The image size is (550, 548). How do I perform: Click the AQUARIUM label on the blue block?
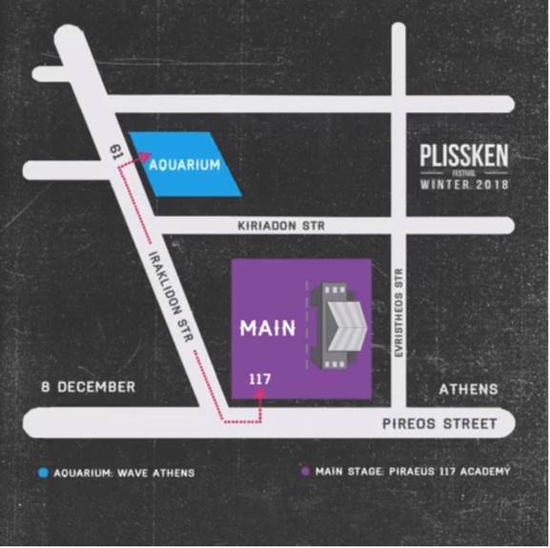[185, 165]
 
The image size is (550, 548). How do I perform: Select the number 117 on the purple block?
[260, 379]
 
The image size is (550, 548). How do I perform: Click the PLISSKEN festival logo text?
[464, 155]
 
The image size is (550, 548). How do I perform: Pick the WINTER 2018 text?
[464, 184]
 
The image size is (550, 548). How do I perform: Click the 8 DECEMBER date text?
[90, 387]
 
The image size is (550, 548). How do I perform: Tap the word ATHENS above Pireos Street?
[468, 389]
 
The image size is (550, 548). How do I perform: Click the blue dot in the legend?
[43, 472]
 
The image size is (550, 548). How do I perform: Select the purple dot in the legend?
[304, 472]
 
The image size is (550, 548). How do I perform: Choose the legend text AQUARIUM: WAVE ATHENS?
[123, 472]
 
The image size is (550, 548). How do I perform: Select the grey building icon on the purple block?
[338, 325]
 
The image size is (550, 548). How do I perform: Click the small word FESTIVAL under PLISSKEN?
[464, 172]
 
